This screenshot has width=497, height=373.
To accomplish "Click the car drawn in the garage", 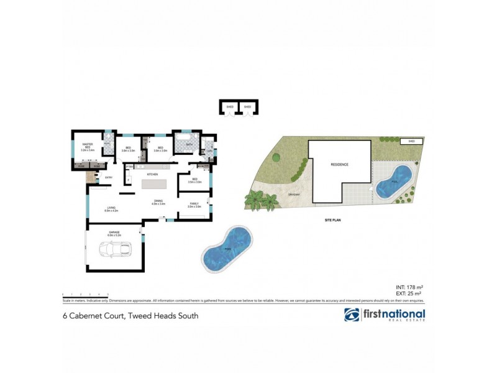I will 116,249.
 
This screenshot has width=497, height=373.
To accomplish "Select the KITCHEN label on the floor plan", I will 152,175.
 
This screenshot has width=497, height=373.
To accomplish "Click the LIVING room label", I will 111,210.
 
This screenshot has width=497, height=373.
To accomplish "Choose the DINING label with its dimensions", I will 158,203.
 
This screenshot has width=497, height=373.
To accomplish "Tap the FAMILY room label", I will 194,204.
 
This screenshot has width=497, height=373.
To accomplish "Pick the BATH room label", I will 189,145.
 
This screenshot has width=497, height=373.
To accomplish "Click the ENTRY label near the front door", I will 108,178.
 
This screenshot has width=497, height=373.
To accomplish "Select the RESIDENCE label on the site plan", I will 339,165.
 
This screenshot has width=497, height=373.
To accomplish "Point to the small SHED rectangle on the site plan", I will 411,142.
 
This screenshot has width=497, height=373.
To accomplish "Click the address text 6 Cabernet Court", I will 130,316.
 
